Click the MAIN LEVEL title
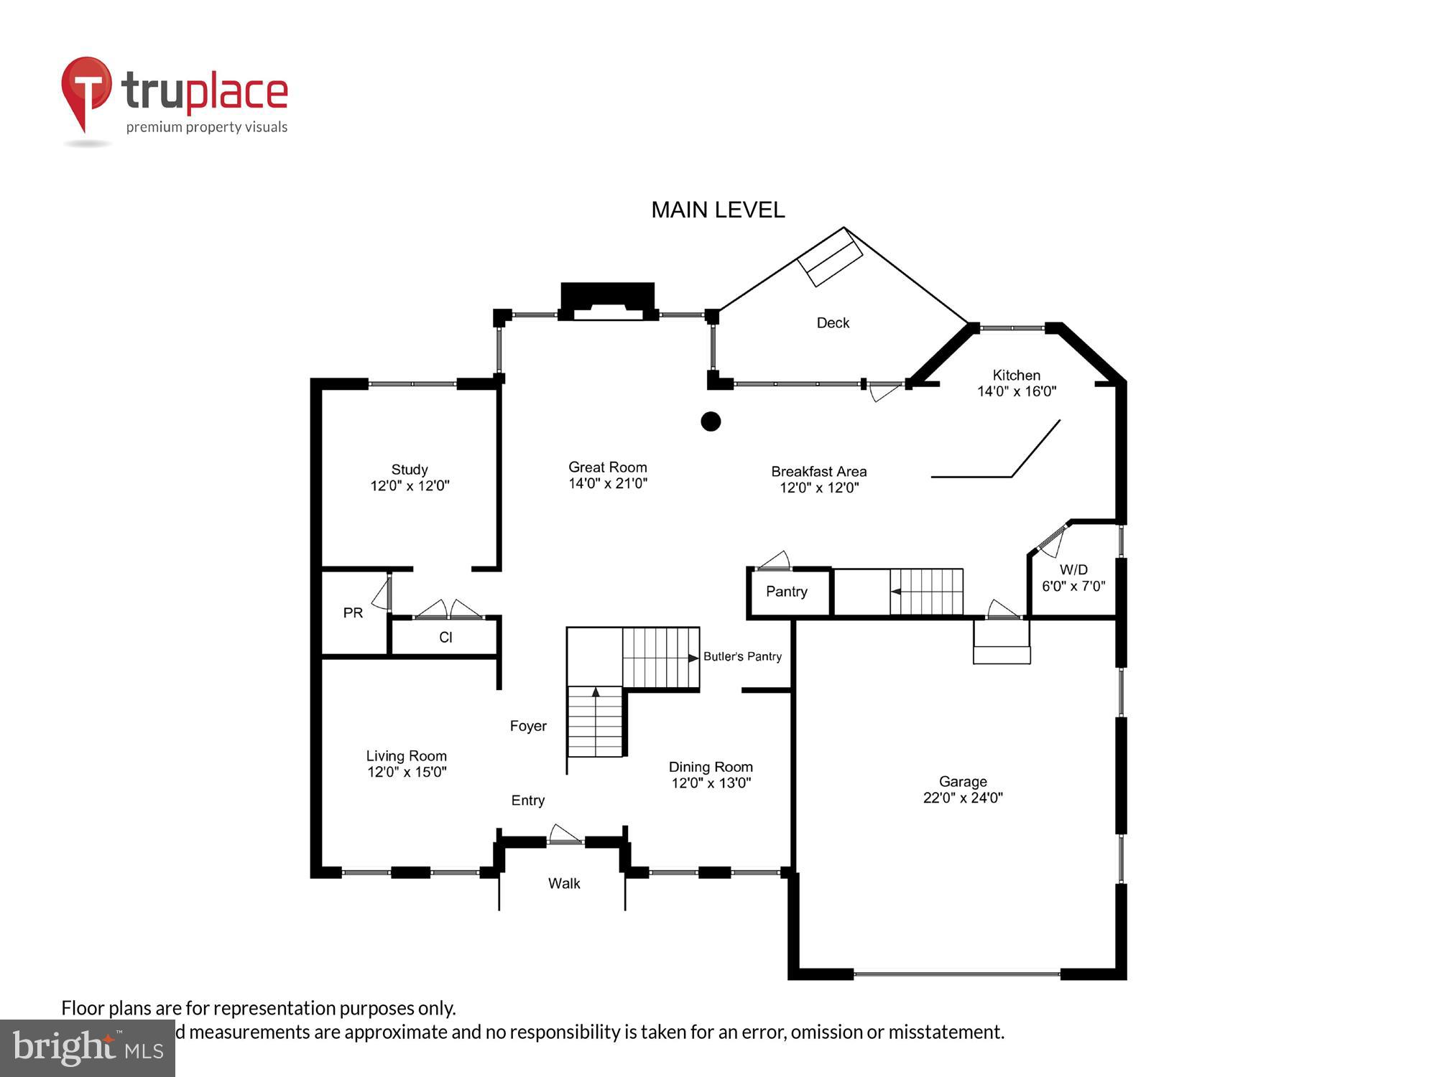click(x=718, y=210)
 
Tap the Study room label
click(x=410, y=470)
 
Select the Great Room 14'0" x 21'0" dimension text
click(x=608, y=484)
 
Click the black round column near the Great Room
click(x=711, y=421)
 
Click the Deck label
click(x=833, y=323)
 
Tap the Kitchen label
click(x=1016, y=375)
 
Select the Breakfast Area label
click(x=818, y=472)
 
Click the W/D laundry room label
click(x=1073, y=569)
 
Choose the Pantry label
click(x=787, y=592)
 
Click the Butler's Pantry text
click(x=742, y=656)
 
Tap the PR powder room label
click(x=353, y=613)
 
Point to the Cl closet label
click(x=445, y=638)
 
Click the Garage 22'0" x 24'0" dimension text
click(x=963, y=798)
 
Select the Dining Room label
click(x=711, y=767)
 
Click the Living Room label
click(x=407, y=756)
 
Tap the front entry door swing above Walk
click(x=565, y=834)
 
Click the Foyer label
click(x=528, y=726)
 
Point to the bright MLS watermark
click(x=88, y=1048)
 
